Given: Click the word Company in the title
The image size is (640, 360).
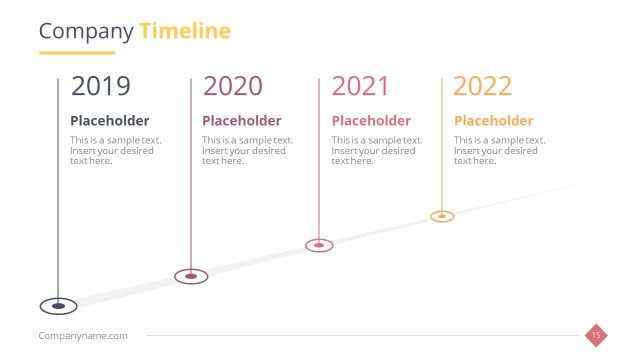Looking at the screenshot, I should click(x=85, y=31).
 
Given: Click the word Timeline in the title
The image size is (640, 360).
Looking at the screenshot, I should click(x=185, y=31).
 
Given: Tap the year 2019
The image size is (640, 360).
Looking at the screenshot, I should click(x=100, y=86).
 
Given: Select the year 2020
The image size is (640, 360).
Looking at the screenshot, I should click(x=232, y=86).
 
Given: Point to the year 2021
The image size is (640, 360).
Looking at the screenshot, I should click(x=360, y=86).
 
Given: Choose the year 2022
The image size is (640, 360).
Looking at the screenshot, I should click(x=482, y=86).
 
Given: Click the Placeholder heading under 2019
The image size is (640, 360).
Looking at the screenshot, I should click(x=109, y=121).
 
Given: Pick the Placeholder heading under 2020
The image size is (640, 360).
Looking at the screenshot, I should click(x=241, y=121).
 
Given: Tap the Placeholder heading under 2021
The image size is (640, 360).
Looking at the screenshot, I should click(x=371, y=121).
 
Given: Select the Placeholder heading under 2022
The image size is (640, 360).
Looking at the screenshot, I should click(x=493, y=121).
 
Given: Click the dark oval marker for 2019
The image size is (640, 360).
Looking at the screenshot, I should click(x=58, y=306).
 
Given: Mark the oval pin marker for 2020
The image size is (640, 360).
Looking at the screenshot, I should click(x=190, y=275).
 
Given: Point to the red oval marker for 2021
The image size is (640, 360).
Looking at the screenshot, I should click(x=319, y=244).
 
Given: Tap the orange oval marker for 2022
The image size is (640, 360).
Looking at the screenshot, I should click(x=442, y=216).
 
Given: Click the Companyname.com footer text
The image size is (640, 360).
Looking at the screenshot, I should click(x=83, y=336).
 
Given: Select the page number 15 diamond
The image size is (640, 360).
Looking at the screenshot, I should click(x=596, y=335).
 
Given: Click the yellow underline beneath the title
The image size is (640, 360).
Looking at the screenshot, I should click(x=77, y=52).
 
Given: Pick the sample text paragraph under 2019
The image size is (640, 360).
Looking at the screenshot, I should click(x=115, y=150).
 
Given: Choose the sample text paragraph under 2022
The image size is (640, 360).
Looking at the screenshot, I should click(x=499, y=150).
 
